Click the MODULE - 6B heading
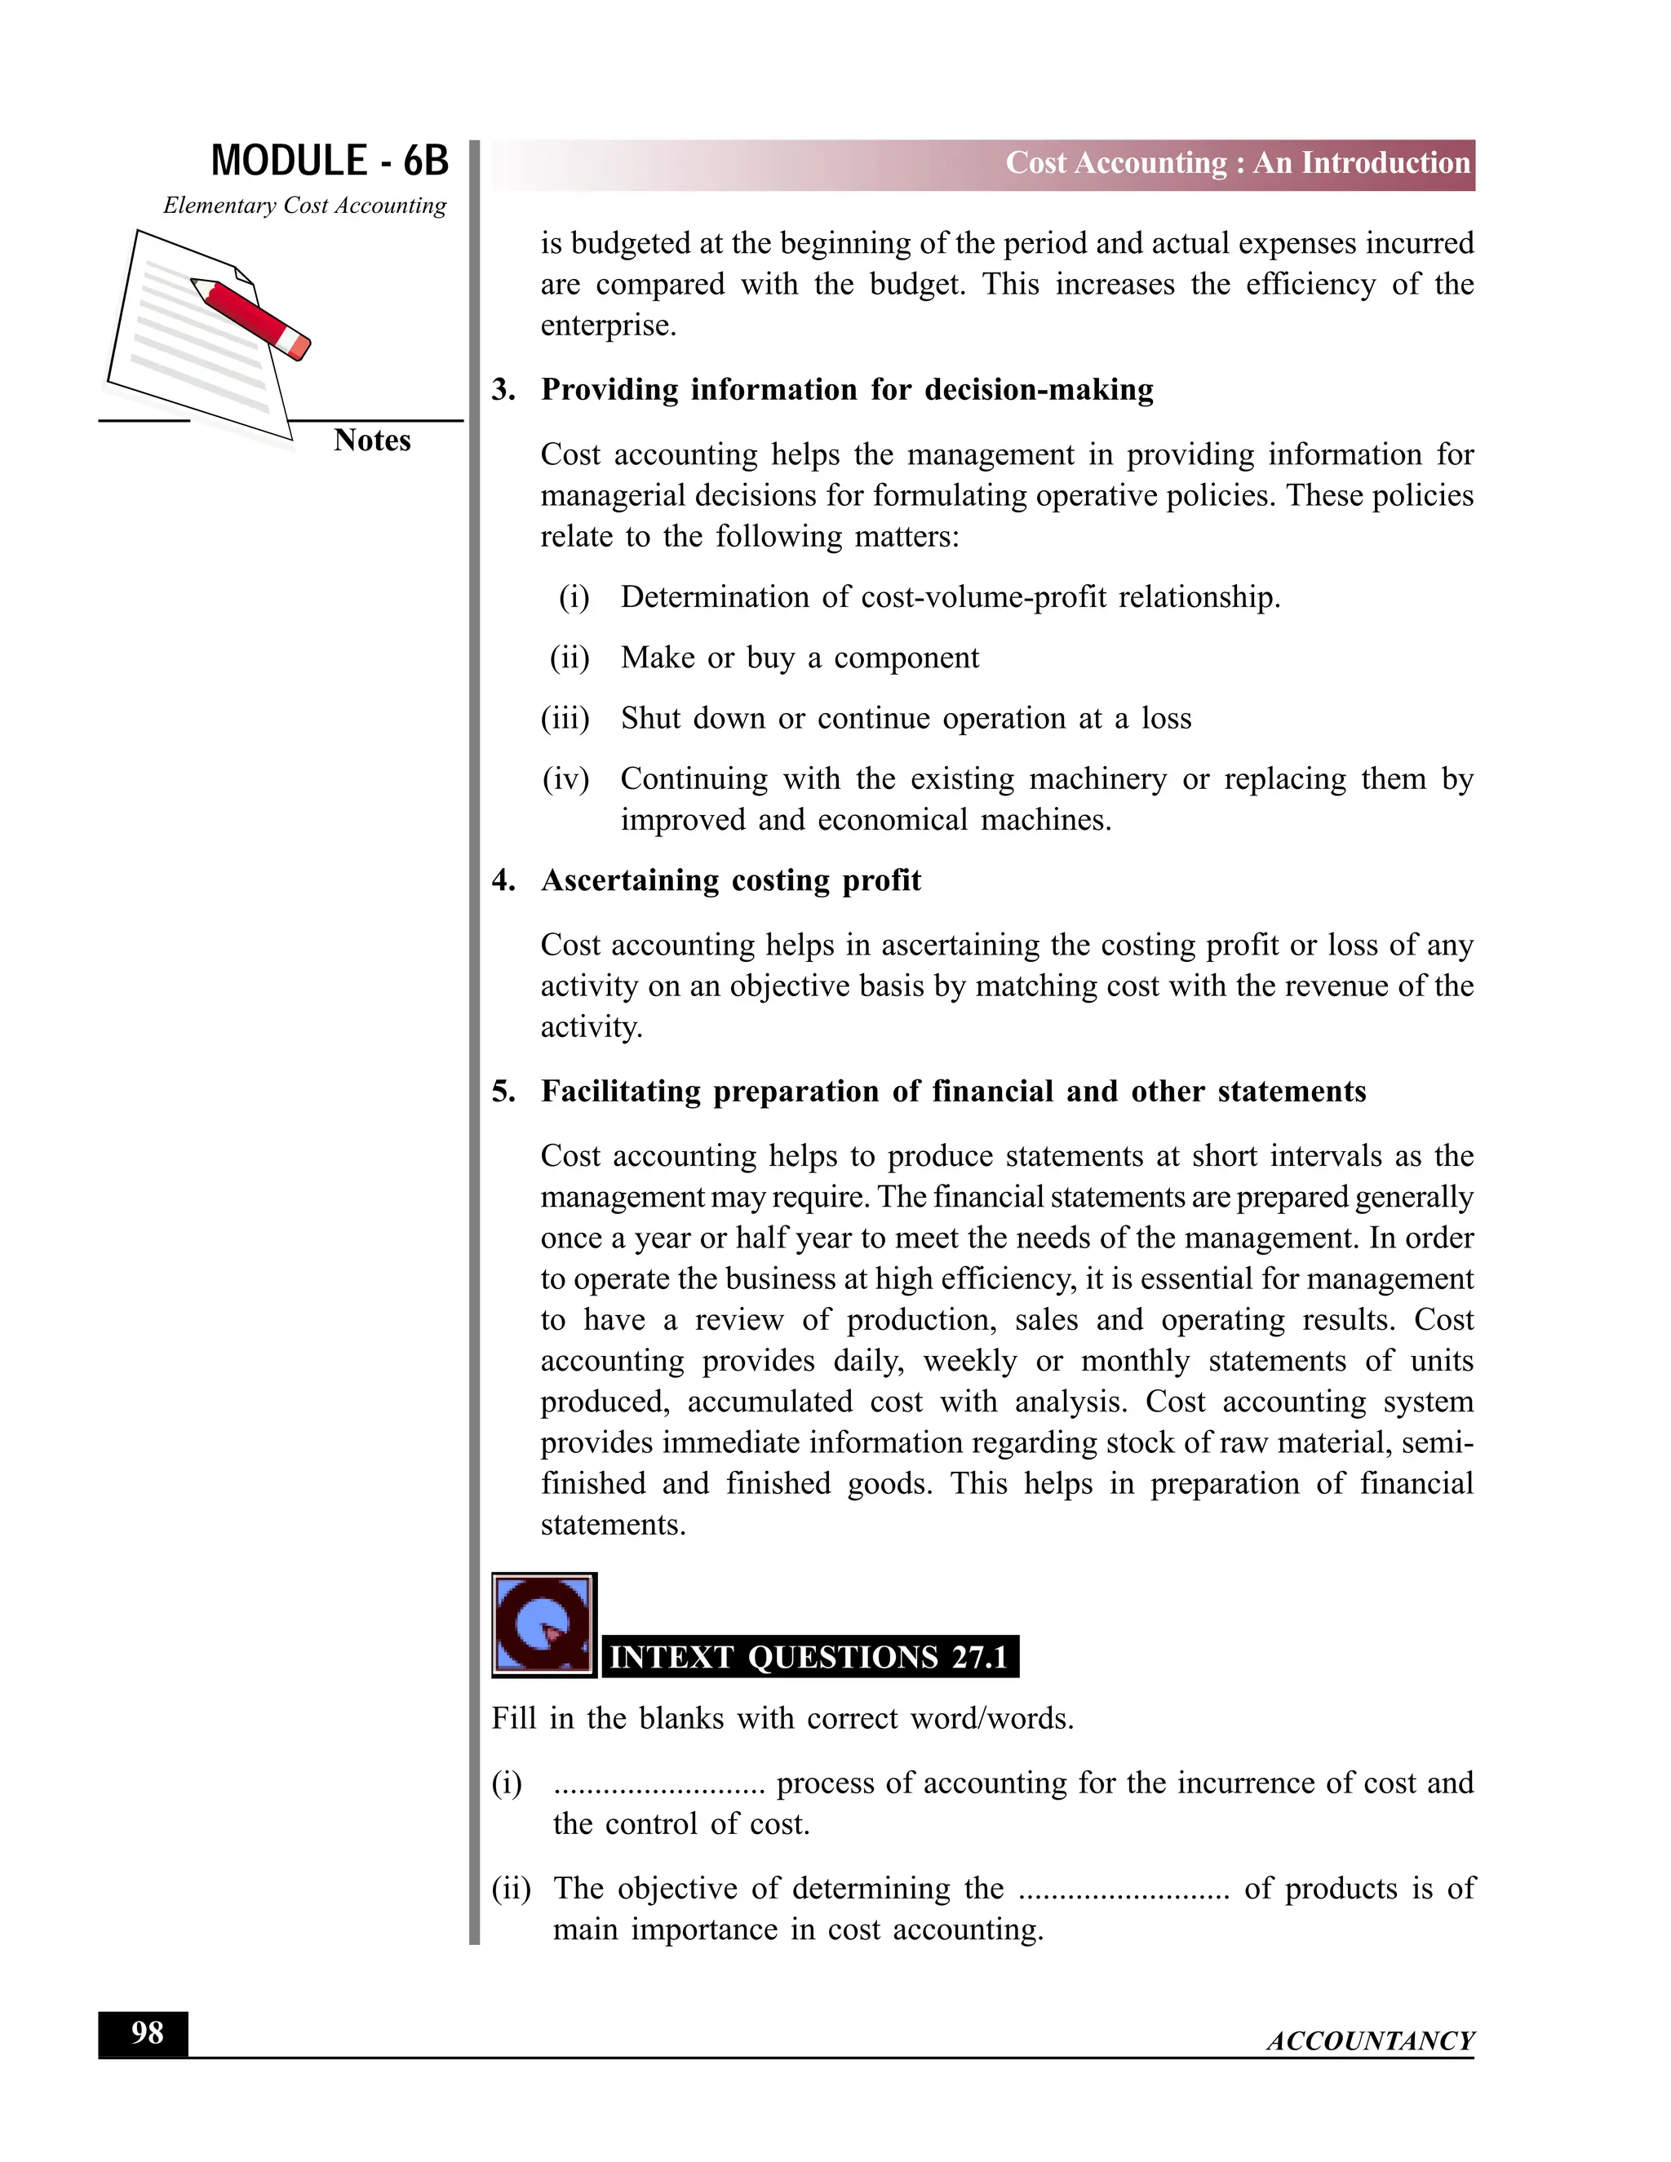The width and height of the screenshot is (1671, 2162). click(330, 162)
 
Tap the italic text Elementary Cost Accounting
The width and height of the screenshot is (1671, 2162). click(305, 206)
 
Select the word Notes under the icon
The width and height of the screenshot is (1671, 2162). click(371, 441)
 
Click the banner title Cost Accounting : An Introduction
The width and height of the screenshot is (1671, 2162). click(1238, 163)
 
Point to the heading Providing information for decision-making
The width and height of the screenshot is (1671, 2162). click(846, 390)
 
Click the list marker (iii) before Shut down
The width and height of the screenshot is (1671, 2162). click(565, 719)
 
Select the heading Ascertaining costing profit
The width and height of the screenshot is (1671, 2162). click(730, 881)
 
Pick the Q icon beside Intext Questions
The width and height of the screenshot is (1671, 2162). click(543, 1625)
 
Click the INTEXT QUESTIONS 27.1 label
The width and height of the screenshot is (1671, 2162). click(809, 1657)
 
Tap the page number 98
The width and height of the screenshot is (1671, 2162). click(147, 2032)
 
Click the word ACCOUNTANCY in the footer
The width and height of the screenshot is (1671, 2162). click(1370, 2041)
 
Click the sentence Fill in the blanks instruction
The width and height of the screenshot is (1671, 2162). click(782, 1718)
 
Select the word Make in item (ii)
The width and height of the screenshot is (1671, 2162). click(658, 658)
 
